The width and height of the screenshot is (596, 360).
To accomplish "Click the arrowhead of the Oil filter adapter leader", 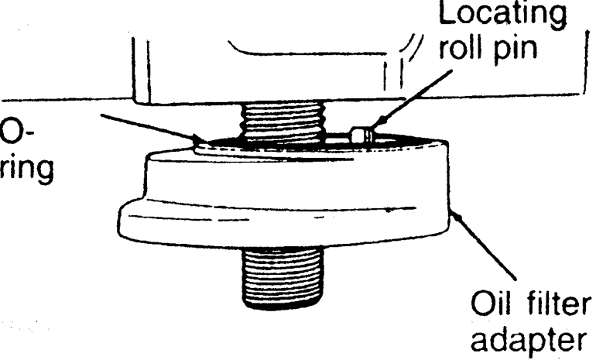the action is (x=454, y=210).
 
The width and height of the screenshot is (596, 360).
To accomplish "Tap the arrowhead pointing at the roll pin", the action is (x=374, y=129).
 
